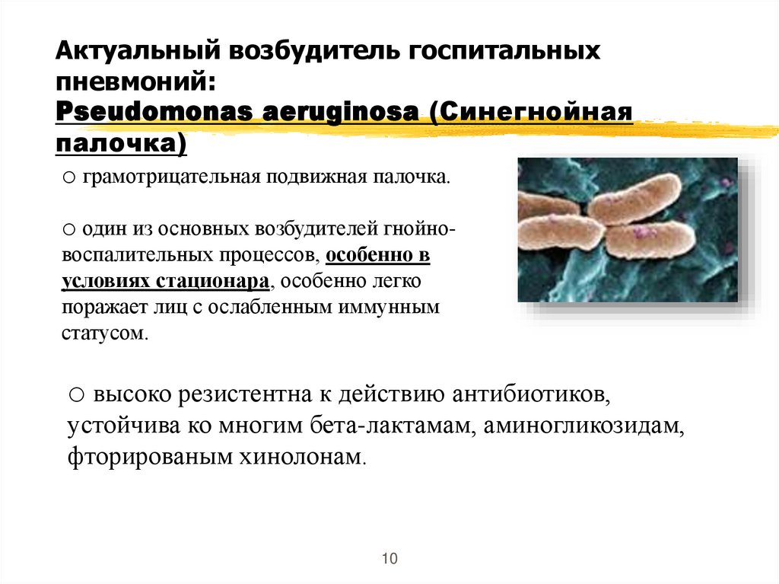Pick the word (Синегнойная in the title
(532, 111)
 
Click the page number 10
(389, 558)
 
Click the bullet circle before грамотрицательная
(67, 178)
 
